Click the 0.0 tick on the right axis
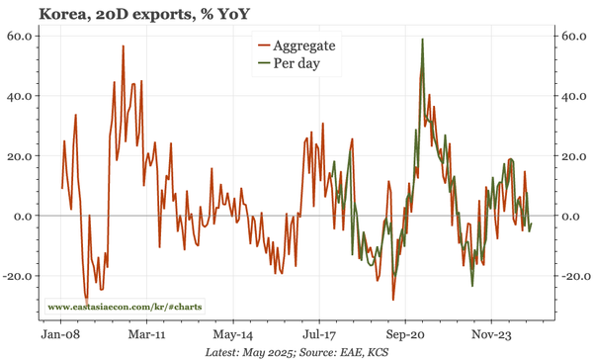coord(570,216)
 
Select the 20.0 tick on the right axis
coord(573,156)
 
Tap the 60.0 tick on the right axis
coord(573,36)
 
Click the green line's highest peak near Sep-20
coord(422,40)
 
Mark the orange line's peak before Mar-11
coord(123,46)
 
